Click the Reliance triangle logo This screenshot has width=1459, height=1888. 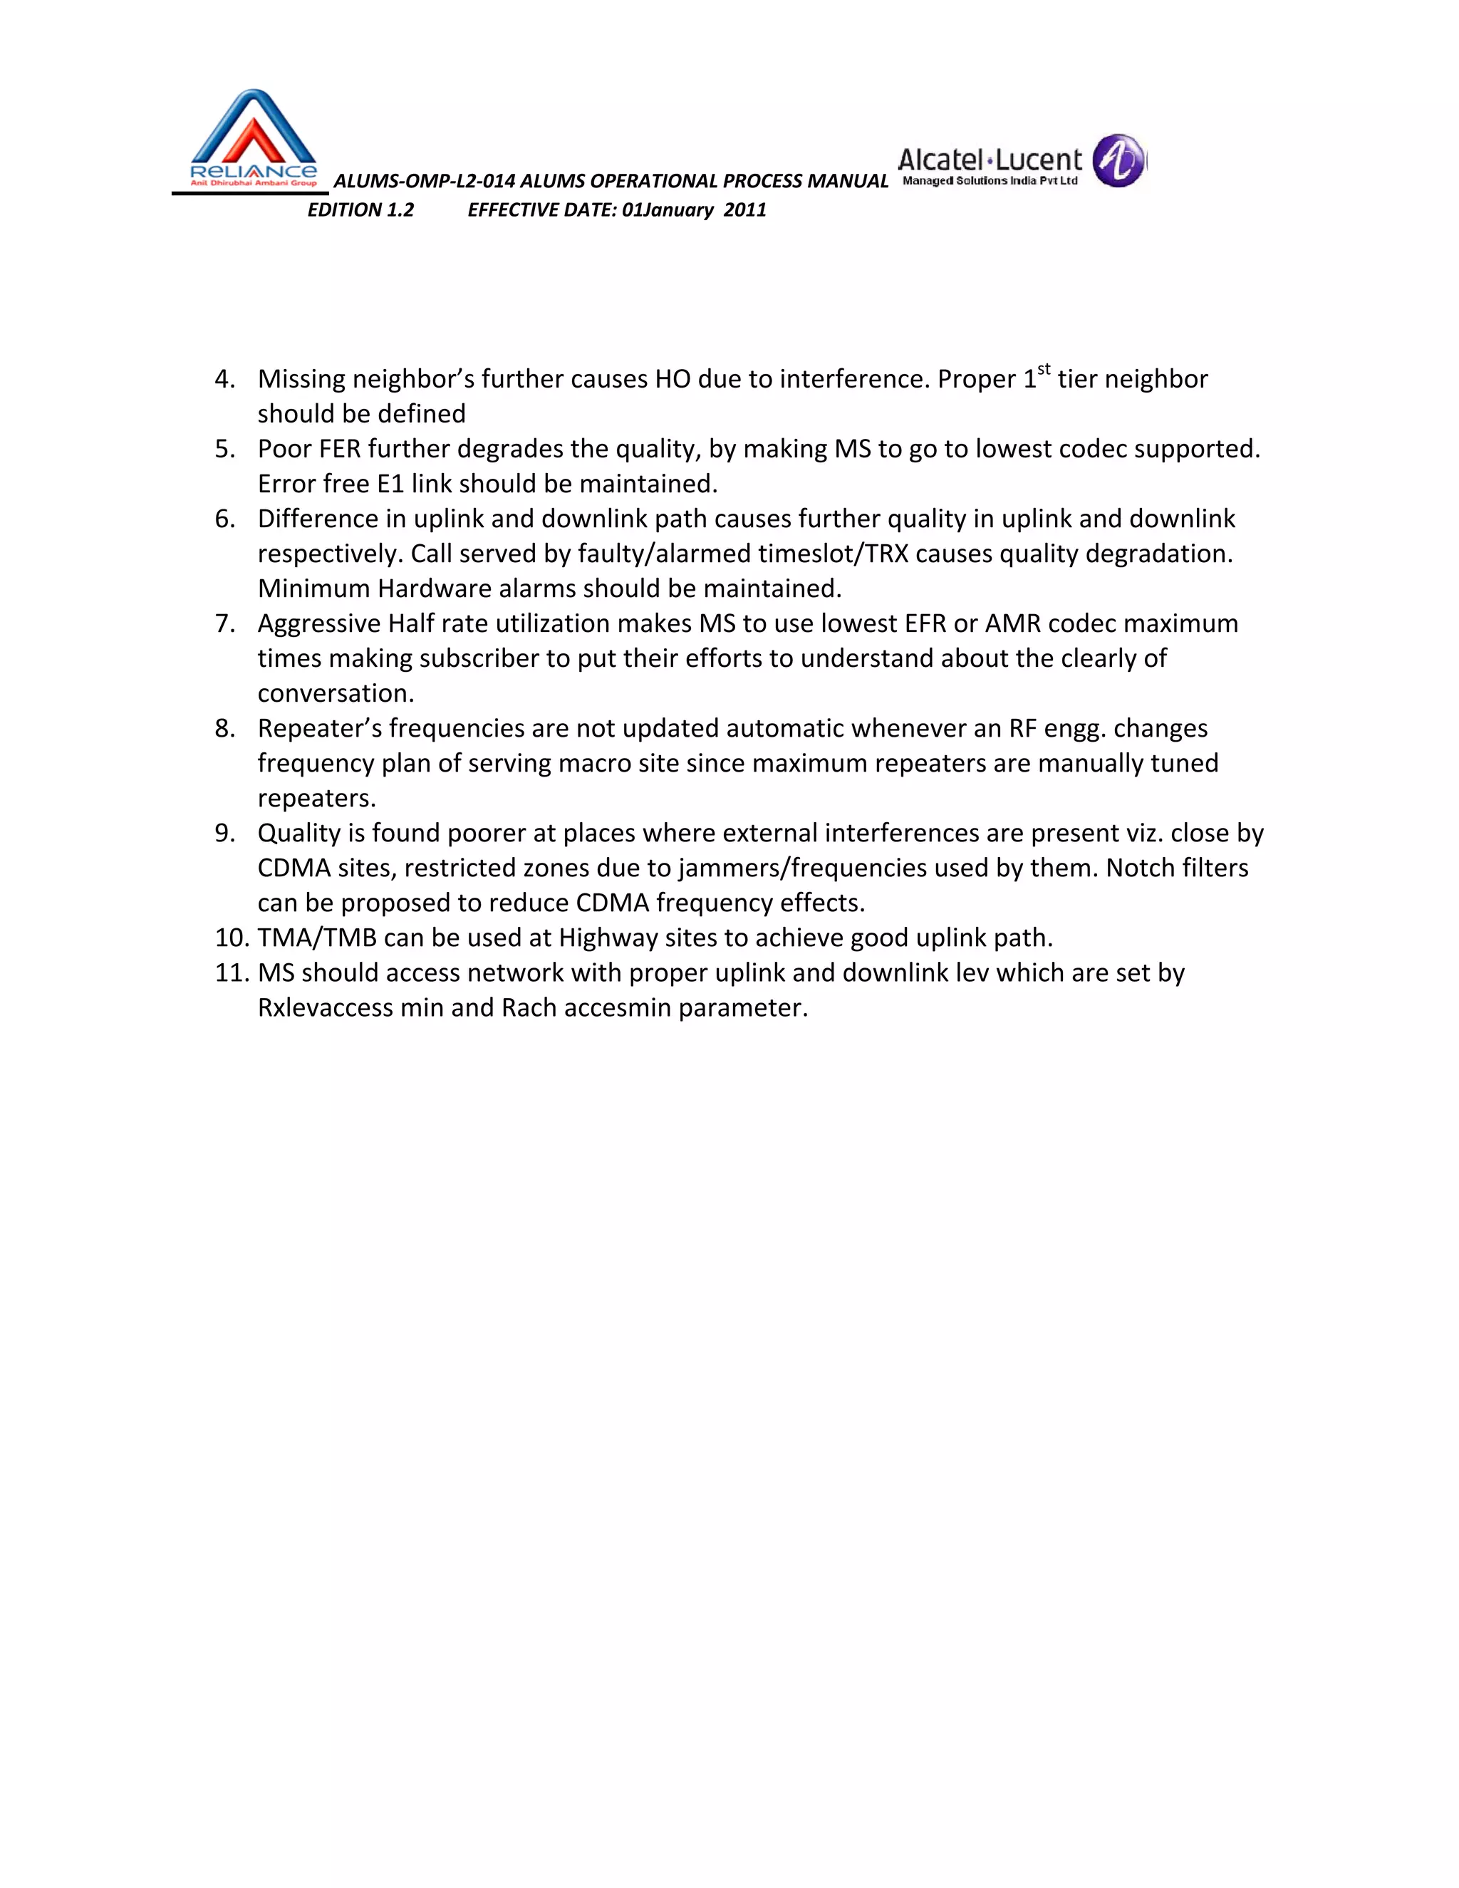tap(252, 139)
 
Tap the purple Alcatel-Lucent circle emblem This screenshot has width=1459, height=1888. tap(1119, 161)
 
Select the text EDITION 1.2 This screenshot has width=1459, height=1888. tap(361, 210)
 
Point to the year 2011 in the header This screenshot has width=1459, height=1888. tap(745, 210)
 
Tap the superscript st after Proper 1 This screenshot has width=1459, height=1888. tap(1044, 370)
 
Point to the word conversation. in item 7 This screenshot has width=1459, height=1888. tap(336, 694)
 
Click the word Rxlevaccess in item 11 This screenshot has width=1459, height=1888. tap(324, 1008)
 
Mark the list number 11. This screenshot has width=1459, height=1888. tap(232, 973)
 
